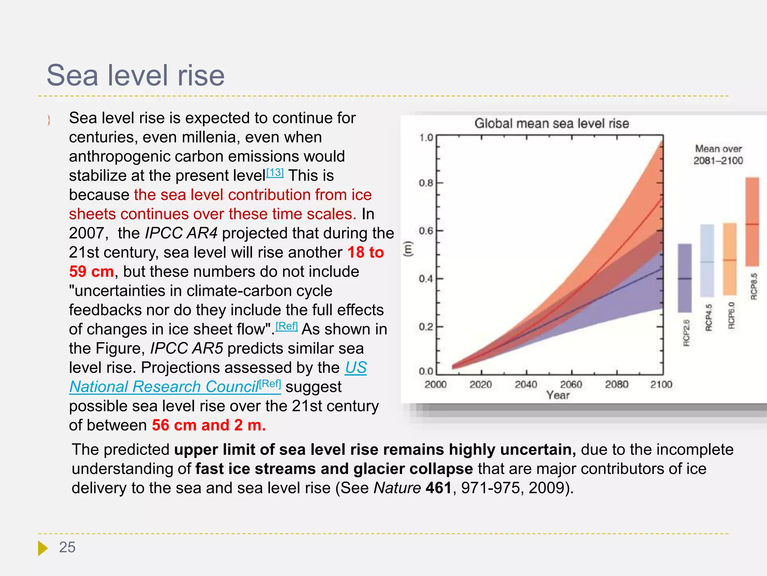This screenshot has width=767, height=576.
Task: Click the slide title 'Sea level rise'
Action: pyautogui.click(x=136, y=75)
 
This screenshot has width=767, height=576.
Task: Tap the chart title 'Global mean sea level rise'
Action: pyautogui.click(x=551, y=123)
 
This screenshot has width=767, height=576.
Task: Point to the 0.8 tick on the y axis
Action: pyautogui.click(x=426, y=183)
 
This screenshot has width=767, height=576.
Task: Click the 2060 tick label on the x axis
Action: pyautogui.click(x=571, y=384)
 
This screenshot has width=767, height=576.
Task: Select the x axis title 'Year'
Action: pyautogui.click(x=558, y=395)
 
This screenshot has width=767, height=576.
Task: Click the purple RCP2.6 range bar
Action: pyautogui.click(x=685, y=277)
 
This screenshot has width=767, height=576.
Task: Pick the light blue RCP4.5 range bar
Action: pyautogui.click(x=707, y=261)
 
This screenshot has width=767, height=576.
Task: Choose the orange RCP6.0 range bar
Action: pyautogui.click(x=730, y=259)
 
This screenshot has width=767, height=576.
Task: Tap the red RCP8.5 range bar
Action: pyautogui.click(x=752, y=221)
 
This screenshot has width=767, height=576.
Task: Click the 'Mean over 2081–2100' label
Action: pyautogui.click(x=718, y=154)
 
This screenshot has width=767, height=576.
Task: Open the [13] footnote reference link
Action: pyautogui.click(x=275, y=173)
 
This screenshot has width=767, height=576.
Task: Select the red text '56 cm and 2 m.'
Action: pyautogui.click(x=209, y=425)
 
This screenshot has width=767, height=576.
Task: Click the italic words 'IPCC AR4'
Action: pyautogui.click(x=181, y=233)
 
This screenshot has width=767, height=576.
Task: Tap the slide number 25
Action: pyautogui.click(x=67, y=547)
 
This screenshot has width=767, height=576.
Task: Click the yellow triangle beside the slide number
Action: pyautogui.click(x=42, y=548)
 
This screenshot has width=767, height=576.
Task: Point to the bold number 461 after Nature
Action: pyautogui.click(x=439, y=488)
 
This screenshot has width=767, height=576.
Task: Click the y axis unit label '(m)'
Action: pyautogui.click(x=408, y=249)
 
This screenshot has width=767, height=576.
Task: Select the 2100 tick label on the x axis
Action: pyautogui.click(x=661, y=384)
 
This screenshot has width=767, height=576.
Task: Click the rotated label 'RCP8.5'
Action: pyautogui.click(x=754, y=286)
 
